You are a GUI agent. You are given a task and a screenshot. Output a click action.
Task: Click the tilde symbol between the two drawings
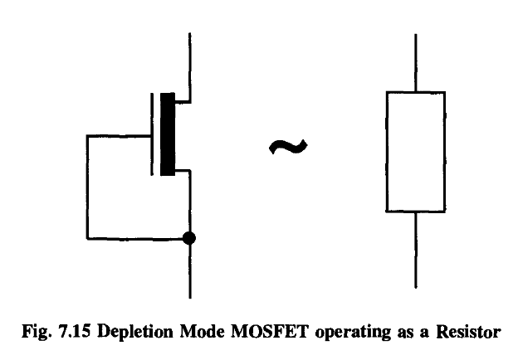point(288,147)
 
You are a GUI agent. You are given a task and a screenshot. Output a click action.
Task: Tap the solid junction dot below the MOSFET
point(191,239)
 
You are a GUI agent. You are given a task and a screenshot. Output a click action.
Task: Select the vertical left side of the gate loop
point(86,187)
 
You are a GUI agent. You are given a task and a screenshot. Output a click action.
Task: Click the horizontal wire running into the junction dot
point(137,239)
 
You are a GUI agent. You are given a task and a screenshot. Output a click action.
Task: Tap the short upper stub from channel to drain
point(183,99)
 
